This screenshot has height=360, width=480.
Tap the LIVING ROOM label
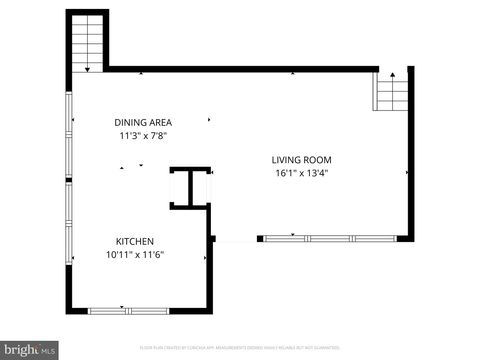301,160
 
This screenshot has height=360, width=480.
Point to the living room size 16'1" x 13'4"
301,173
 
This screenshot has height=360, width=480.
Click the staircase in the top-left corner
88,42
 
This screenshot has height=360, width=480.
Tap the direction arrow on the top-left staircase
88,68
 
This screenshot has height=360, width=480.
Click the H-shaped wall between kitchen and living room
190,188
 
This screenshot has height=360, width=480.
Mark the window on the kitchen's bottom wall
122,310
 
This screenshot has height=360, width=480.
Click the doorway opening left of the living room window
236,239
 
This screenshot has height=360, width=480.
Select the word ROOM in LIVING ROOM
318,160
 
